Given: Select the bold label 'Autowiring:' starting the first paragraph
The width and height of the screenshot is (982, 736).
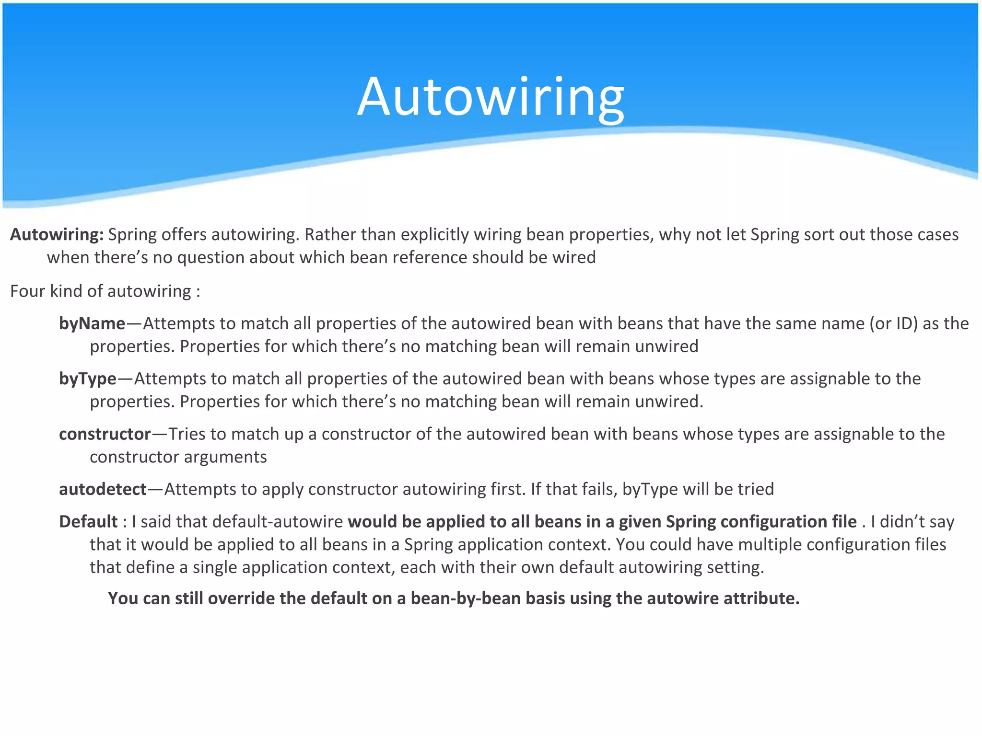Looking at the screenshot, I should pos(57,235).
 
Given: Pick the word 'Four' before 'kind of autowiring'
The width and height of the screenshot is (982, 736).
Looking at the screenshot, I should pos(27,291).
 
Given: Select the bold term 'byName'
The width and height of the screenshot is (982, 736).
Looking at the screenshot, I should pos(92,324).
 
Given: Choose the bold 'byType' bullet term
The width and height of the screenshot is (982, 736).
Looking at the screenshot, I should pos(88,379).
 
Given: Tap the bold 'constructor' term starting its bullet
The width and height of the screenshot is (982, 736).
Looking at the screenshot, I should pos(105,434).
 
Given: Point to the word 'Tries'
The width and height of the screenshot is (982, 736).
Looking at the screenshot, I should pos(187,434).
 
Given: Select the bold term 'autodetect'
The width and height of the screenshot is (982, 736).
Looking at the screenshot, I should pos(103,489).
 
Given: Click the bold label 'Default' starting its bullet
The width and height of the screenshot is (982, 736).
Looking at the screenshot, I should pos(88,521).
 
